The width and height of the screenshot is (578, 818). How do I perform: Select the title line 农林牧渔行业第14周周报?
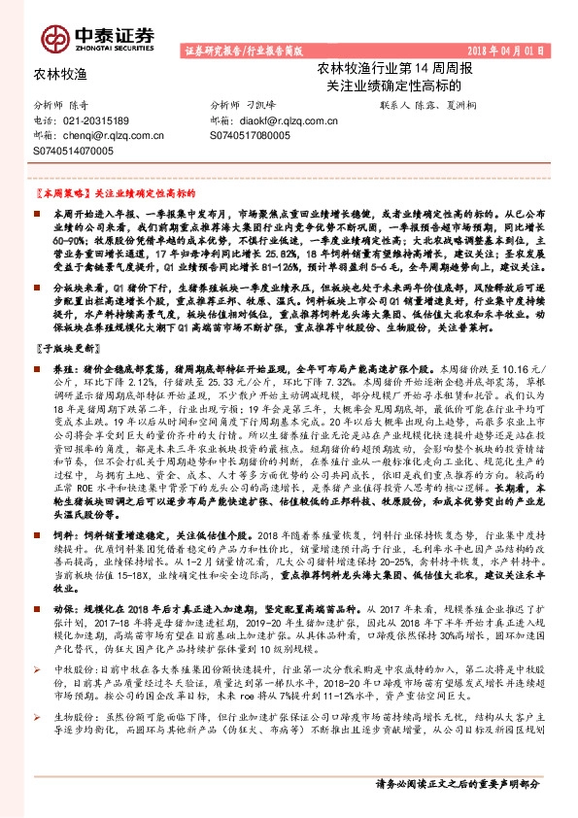click(x=391, y=69)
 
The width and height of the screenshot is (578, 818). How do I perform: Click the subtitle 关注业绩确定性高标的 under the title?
click(x=392, y=85)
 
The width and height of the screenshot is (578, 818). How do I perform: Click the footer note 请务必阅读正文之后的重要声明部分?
click(x=457, y=783)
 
